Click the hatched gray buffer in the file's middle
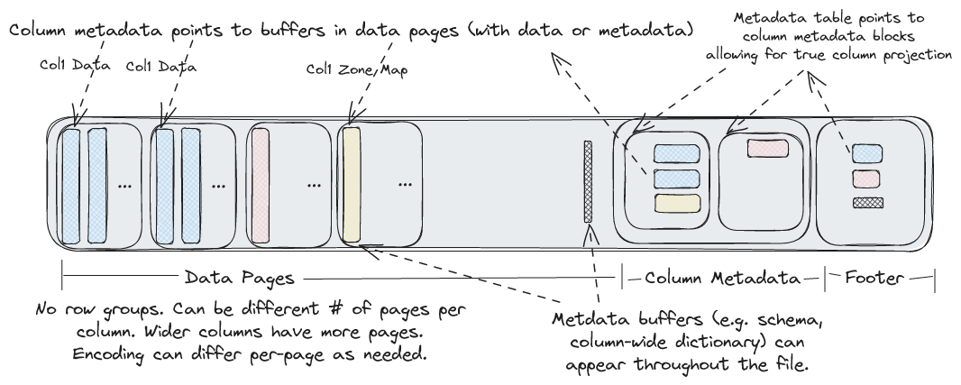588,181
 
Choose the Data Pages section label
239,278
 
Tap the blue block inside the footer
866,153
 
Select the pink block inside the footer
866,179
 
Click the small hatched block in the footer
866,202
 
